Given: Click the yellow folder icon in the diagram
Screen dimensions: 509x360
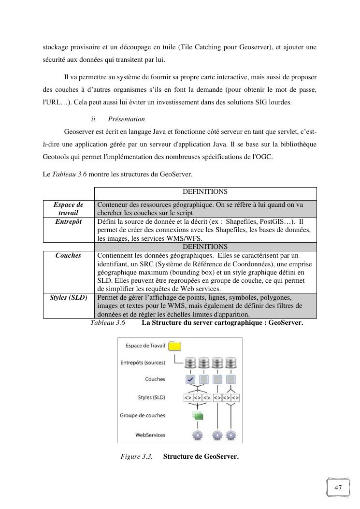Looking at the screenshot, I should [174, 346].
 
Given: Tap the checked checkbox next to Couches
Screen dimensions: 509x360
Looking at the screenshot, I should [190, 379].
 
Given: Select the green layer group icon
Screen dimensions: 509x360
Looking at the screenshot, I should [197, 415].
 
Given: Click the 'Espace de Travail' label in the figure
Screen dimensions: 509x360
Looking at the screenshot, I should [145, 346].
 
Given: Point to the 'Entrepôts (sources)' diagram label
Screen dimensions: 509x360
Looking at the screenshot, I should [143, 363].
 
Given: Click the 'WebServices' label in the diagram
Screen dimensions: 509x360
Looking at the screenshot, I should [150, 435].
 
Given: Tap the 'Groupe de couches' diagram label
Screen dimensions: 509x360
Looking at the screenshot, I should [142, 416].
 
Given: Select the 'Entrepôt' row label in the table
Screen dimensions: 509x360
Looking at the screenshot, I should [69, 221].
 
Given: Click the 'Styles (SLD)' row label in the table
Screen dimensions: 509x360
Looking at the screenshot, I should [69, 297].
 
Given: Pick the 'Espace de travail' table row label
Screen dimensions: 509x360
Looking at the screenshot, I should [69, 209].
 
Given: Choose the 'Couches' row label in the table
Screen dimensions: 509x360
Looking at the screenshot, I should [69, 255].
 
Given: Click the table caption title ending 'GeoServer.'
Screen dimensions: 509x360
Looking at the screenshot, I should [222, 322].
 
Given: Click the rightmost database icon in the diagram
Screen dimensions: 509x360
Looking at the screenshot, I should [231, 363].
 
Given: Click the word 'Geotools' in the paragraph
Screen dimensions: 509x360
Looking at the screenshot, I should [56, 157].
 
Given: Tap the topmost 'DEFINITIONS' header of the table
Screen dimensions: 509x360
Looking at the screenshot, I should [205, 192].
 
